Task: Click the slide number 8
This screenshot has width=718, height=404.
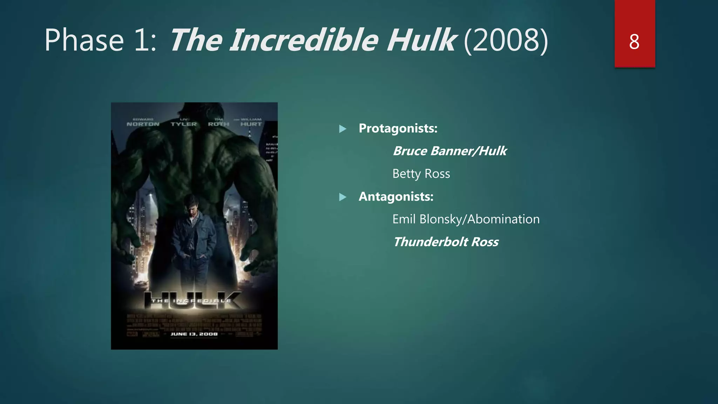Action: point(634,42)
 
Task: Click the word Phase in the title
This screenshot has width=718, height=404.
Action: point(84,40)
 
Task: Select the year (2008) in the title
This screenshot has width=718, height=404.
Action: point(506,40)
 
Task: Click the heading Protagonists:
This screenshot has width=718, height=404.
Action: point(398,128)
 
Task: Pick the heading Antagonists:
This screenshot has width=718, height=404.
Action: point(396,196)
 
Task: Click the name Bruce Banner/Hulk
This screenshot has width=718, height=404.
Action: point(449,151)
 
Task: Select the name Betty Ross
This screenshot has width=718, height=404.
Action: point(421,174)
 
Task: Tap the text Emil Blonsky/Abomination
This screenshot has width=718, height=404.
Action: point(466,219)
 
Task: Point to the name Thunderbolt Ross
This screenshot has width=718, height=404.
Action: point(445,242)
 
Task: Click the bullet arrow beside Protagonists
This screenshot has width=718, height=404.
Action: point(343,129)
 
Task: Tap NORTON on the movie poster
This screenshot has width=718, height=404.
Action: point(143,124)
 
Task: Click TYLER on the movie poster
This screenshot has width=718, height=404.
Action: point(184,124)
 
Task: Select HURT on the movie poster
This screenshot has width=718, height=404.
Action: point(251,124)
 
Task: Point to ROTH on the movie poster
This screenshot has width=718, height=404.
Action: point(218,124)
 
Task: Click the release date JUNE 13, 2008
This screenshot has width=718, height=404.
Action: point(194,334)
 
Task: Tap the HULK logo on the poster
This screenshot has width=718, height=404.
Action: point(193,301)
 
